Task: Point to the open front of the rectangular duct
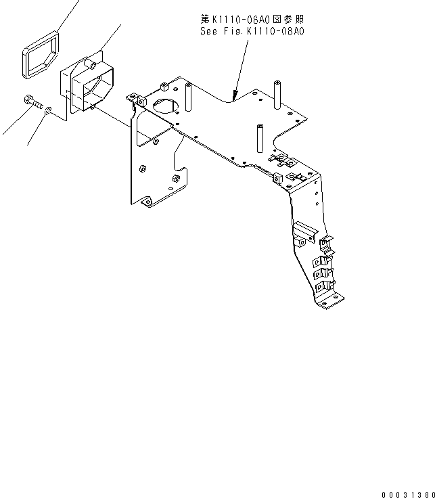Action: (x=93, y=92)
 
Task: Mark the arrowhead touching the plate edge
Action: (x=235, y=94)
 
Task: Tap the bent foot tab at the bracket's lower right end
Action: (x=331, y=298)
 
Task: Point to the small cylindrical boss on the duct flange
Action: (x=90, y=66)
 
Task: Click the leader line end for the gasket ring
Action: (x=76, y=2)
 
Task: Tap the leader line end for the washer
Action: (x=28, y=144)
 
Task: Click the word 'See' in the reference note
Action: (x=208, y=30)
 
